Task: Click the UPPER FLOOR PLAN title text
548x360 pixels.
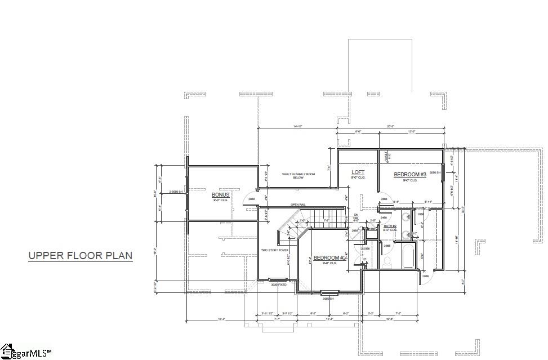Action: pyautogui.click(x=81, y=256)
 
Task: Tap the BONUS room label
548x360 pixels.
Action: pyautogui.click(x=221, y=194)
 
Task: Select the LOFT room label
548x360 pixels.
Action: pyautogui.click(x=358, y=172)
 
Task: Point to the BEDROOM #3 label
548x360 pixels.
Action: pyautogui.click(x=409, y=175)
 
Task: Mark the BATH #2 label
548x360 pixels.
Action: pyautogui.click(x=390, y=226)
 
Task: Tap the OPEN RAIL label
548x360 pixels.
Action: pyautogui.click(x=298, y=204)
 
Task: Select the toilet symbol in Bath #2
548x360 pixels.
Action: pyautogui.click(x=387, y=261)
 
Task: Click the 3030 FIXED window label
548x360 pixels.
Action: pyautogui.click(x=279, y=285)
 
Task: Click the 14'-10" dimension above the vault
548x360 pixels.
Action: pyautogui.click(x=297, y=126)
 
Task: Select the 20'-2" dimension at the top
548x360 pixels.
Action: pyautogui.click(x=390, y=126)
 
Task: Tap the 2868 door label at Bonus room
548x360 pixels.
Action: pyautogui.click(x=251, y=199)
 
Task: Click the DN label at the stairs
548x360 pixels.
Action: pyautogui.click(x=356, y=215)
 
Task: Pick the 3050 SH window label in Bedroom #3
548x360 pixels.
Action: pyautogui.click(x=434, y=172)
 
